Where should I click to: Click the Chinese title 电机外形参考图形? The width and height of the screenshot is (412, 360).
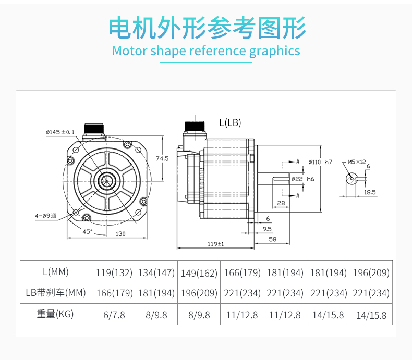point(207,28)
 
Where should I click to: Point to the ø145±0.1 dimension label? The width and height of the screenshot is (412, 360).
point(60,132)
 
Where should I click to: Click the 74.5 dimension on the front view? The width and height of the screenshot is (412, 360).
point(163,158)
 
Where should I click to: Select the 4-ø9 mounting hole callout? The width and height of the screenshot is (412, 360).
point(46,215)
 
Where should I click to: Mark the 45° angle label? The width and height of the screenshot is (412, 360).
point(88,231)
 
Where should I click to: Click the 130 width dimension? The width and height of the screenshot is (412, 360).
point(120,234)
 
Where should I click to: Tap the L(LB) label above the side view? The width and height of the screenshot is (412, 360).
point(230,123)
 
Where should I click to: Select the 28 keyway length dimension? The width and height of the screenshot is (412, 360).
point(281,203)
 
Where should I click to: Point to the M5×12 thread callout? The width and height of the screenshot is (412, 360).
point(357,162)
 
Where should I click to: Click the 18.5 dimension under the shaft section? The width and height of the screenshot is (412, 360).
point(369,192)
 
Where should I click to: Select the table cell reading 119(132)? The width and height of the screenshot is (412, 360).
point(114,272)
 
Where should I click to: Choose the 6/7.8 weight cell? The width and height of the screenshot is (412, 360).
point(114,315)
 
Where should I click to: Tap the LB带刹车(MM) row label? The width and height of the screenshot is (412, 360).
point(55,293)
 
